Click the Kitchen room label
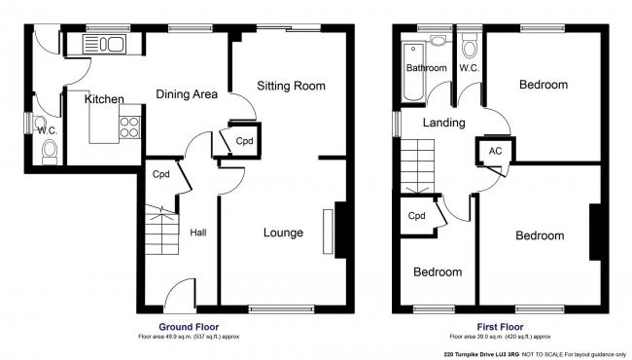104,99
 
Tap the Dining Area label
185,94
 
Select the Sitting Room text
290,87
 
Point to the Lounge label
283,233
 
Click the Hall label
198,233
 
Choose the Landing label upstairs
442,123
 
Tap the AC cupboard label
495,151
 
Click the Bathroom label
426,68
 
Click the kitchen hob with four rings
128,126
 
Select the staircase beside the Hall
159,233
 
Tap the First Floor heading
501,327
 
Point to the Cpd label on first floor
417,216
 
